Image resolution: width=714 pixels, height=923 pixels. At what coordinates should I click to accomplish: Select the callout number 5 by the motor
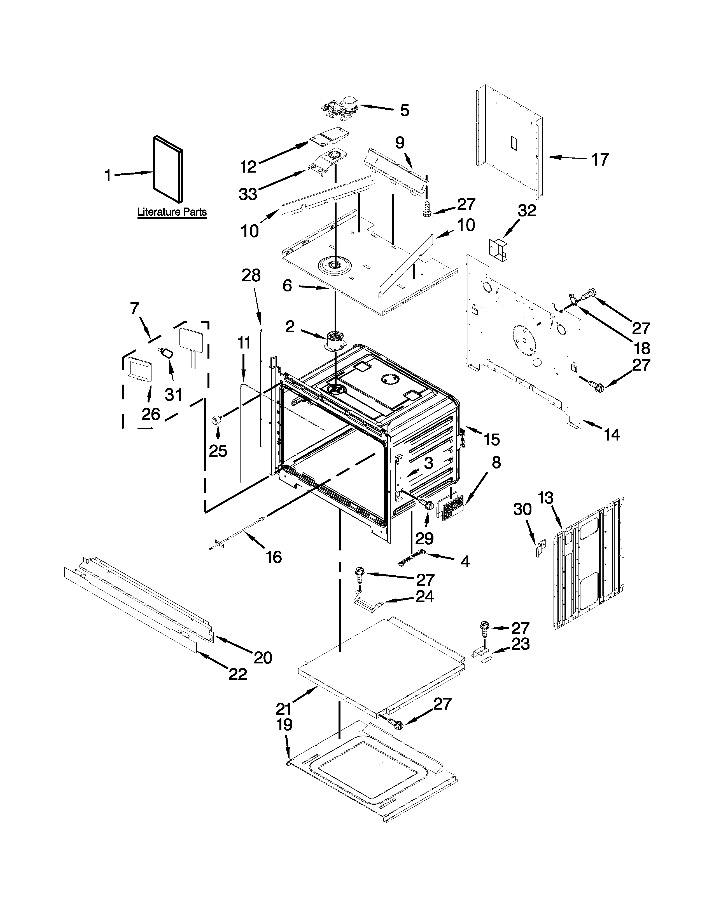point(404,111)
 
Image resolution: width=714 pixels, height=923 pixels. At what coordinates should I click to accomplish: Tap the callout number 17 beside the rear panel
point(599,160)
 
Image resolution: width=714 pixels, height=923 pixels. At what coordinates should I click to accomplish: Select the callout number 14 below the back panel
point(611,434)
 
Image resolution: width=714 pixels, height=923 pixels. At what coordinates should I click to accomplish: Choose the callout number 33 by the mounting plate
point(248,194)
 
